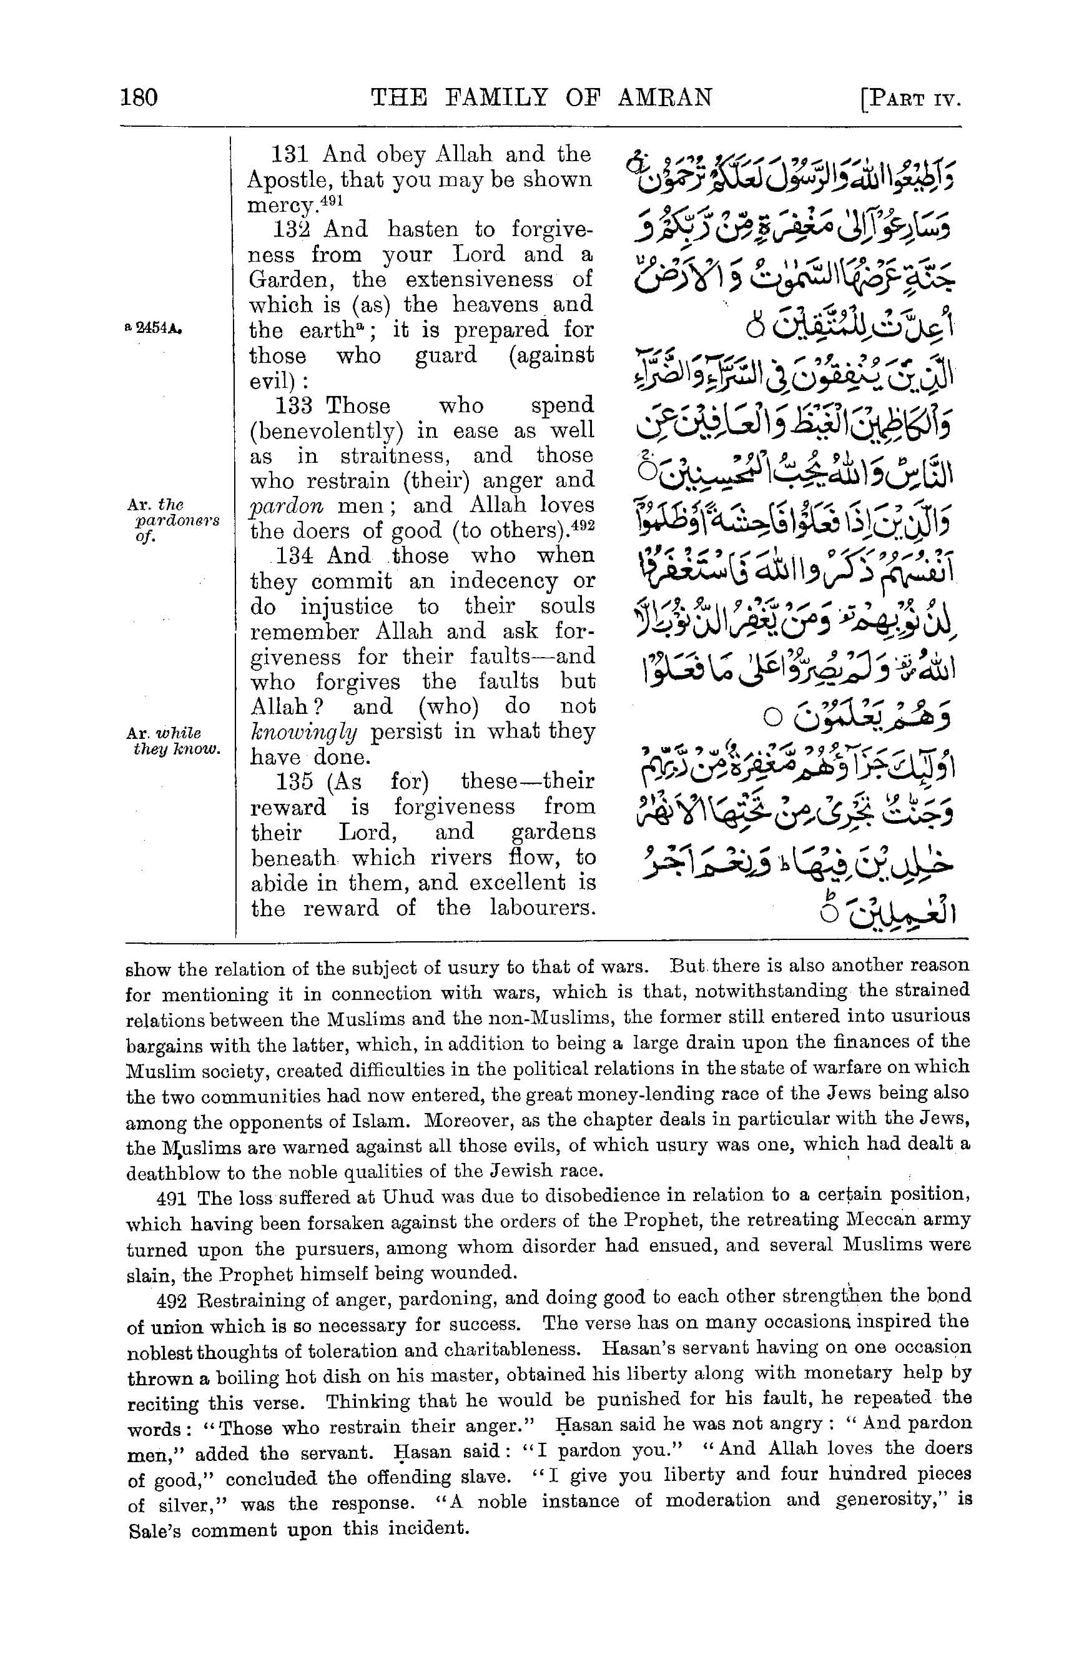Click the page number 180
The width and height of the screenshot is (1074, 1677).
pyautogui.click(x=139, y=97)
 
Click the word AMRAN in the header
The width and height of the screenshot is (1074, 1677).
pyautogui.click(x=664, y=97)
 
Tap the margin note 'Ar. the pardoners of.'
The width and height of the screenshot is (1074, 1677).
pyautogui.click(x=173, y=520)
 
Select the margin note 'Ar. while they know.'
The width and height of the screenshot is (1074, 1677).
pyautogui.click(x=173, y=741)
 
